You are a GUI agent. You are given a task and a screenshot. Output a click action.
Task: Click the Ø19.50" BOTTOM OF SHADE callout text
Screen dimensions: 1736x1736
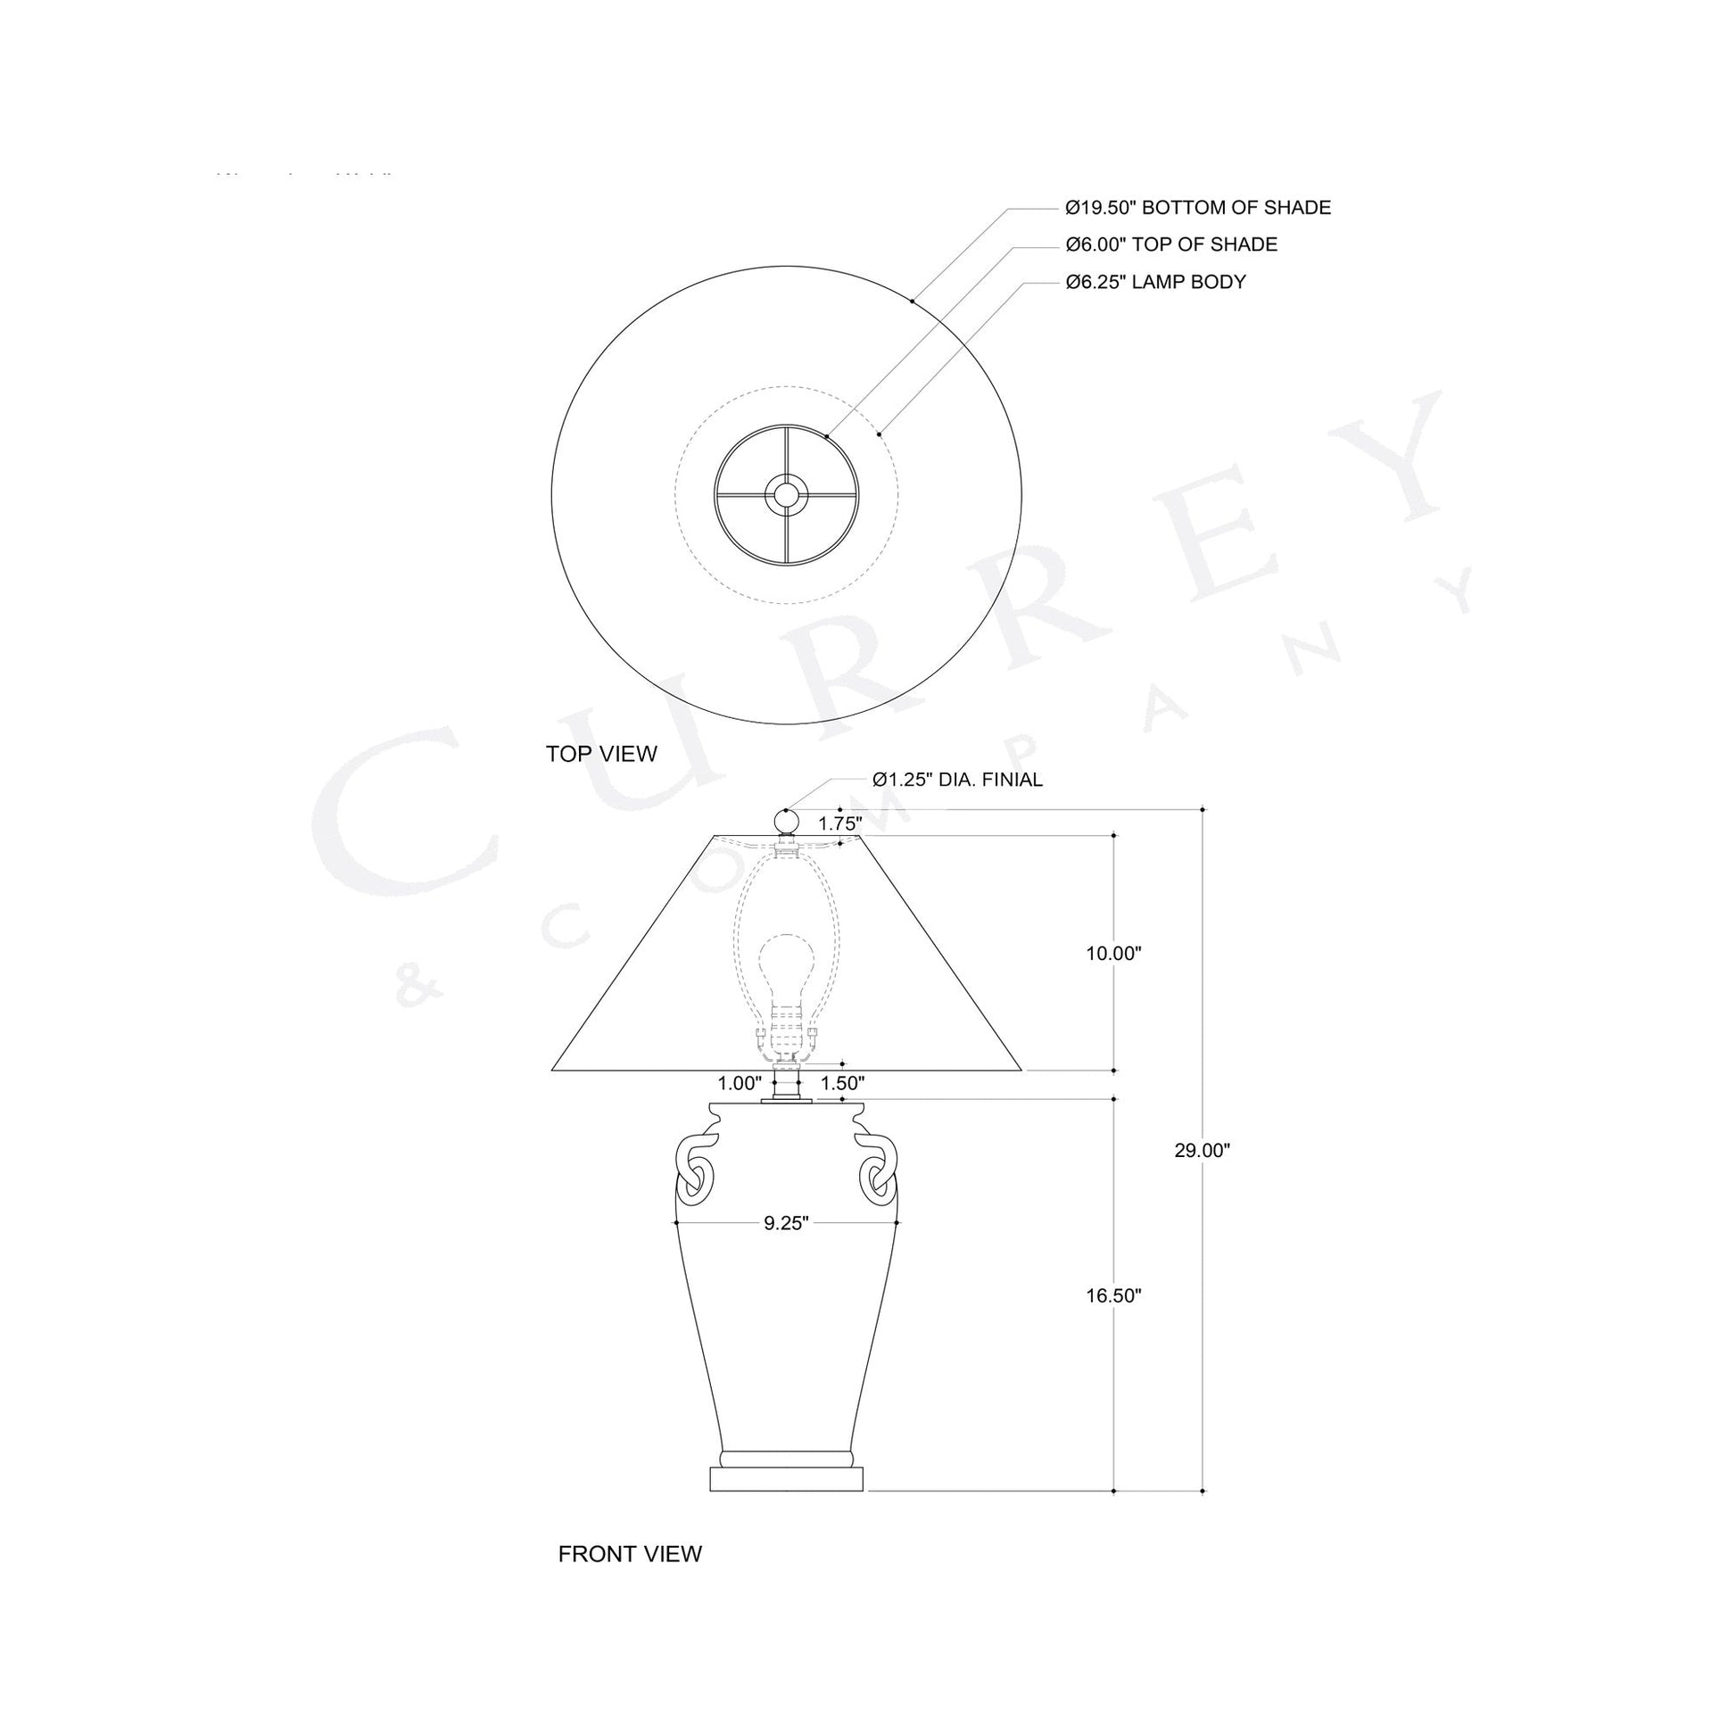[x=1198, y=208]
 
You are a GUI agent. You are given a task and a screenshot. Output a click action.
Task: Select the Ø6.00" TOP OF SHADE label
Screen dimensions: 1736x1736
[x=1170, y=244]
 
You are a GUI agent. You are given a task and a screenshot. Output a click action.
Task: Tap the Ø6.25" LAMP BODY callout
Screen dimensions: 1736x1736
[x=1155, y=282]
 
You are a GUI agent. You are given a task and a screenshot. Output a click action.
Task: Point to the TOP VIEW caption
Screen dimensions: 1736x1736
[x=601, y=754]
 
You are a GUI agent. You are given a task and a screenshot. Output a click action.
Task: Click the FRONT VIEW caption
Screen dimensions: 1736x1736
[x=630, y=1554]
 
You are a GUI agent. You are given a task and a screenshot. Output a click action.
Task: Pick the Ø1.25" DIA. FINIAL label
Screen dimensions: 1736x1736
[x=957, y=780]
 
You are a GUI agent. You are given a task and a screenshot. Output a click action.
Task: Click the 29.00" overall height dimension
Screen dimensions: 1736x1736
[x=1202, y=1150]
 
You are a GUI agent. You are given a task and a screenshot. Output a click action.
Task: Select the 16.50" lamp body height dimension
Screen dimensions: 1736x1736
[x=1113, y=1294]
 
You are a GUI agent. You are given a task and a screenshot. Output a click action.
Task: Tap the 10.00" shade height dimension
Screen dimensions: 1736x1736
[x=1113, y=954]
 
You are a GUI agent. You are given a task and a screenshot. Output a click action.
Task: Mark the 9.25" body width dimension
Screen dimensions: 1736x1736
[x=786, y=1223]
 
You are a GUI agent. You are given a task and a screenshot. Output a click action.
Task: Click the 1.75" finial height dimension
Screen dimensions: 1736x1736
[x=839, y=823]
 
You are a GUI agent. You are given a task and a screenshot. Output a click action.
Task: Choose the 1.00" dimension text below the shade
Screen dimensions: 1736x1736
[x=740, y=1083]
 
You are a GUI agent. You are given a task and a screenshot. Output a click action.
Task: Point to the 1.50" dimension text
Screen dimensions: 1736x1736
[x=842, y=1083]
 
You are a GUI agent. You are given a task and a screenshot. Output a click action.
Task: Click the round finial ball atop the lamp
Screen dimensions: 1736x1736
[x=786, y=822]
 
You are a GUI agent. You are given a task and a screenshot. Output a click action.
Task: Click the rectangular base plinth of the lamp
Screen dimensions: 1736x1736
[x=786, y=1479]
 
